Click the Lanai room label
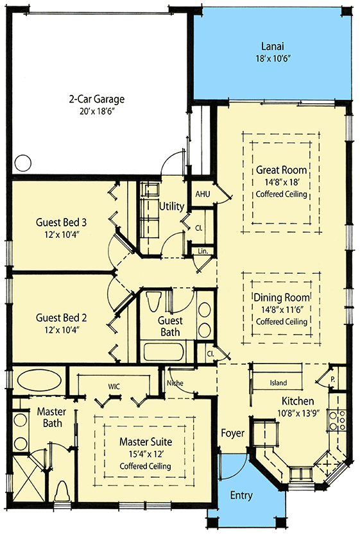pyautogui.click(x=273, y=46)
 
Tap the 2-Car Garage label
pyautogui.click(x=97, y=99)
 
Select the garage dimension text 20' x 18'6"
pyautogui.click(x=97, y=112)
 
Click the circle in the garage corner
pyautogui.click(x=23, y=163)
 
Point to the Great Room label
pyautogui.click(x=281, y=170)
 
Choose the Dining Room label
pyautogui.click(x=281, y=298)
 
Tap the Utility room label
pyautogui.click(x=172, y=206)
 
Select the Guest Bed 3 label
pyautogui.click(x=61, y=222)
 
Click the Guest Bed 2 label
pyautogui.click(x=61, y=317)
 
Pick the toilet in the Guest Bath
pyautogui.click(x=154, y=301)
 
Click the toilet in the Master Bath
pyautogui.click(x=62, y=492)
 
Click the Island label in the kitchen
pyautogui.click(x=278, y=383)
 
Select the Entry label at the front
pyautogui.click(x=241, y=496)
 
